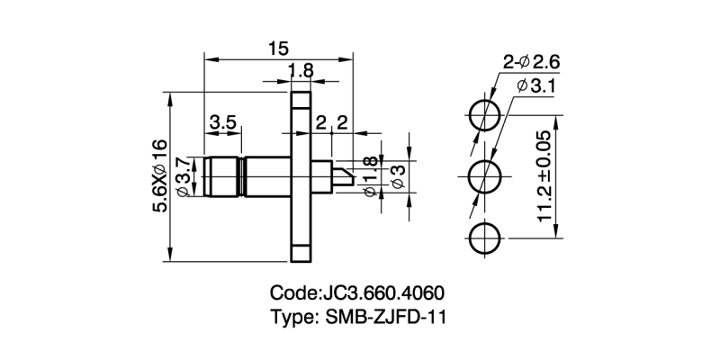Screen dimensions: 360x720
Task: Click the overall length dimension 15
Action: point(277,48)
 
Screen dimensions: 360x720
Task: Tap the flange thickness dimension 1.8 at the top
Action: point(301,71)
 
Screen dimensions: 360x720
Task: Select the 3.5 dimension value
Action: point(223,121)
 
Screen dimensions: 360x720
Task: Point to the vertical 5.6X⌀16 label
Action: point(159,175)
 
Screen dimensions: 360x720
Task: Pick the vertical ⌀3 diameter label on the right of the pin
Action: point(398,176)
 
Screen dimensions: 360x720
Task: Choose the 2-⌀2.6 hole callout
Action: point(532,62)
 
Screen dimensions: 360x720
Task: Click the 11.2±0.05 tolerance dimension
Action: point(544,176)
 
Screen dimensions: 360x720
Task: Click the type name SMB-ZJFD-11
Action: point(391,318)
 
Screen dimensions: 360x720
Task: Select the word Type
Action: point(291,318)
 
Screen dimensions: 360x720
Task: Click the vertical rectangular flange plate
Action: point(300,176)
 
